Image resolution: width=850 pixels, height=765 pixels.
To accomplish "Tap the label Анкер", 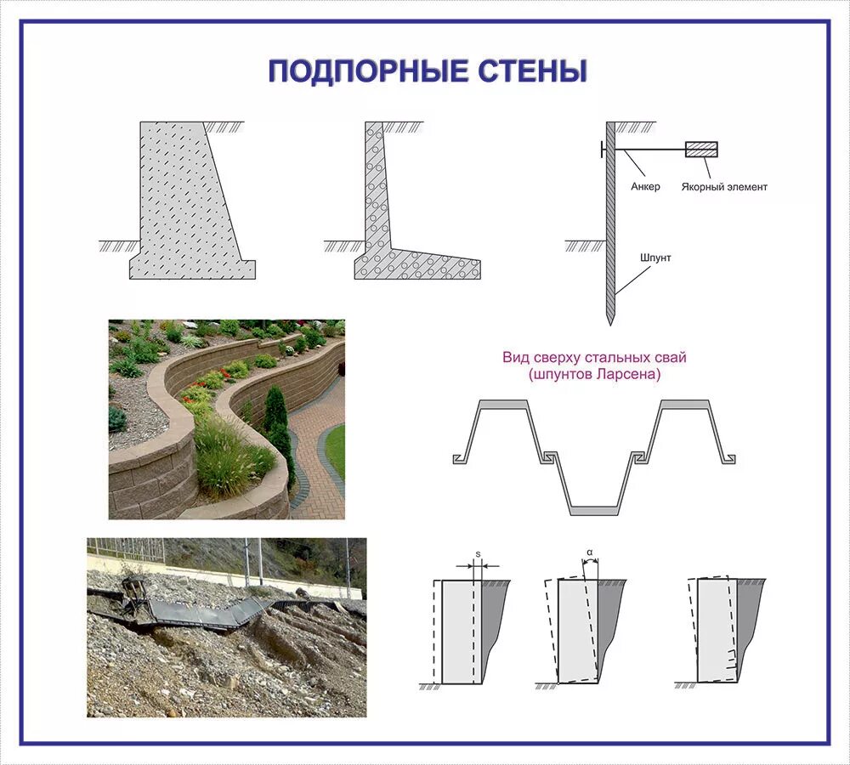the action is point(645,187).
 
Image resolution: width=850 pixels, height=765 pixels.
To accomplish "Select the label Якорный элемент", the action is point(724,187).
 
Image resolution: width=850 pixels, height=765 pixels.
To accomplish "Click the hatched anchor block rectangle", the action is point(701,150).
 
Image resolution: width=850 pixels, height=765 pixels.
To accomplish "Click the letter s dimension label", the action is point(478,554).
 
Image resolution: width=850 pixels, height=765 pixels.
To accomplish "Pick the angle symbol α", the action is point(589,552).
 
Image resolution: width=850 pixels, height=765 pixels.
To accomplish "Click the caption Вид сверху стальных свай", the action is point(594,358).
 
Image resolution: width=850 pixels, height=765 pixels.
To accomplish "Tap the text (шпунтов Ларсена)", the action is point(594,374).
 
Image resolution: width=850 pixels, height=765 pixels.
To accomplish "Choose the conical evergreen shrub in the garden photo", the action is point(275,412).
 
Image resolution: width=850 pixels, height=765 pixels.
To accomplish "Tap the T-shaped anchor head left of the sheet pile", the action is point(603,150).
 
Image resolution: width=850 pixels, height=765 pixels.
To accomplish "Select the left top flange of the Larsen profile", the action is point(505,405).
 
